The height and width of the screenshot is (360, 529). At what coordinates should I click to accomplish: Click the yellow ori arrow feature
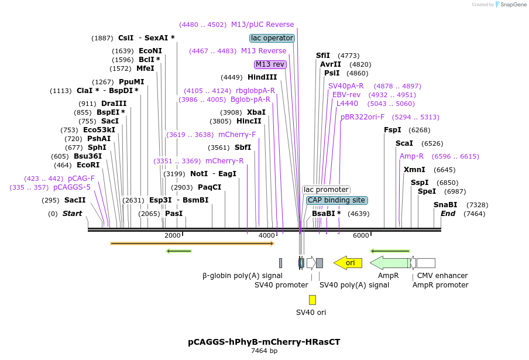[348, 263]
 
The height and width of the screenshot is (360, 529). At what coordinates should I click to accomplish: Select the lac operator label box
[272, 38]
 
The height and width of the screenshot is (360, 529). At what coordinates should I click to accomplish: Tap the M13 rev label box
[270, 64]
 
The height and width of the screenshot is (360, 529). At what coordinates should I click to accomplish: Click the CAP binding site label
[337, 200]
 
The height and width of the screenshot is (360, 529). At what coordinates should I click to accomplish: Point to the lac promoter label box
[326, 190]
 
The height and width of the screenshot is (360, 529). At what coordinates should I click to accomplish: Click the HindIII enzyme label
[262, 77]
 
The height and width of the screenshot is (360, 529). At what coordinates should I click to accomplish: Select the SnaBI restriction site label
[445, 204]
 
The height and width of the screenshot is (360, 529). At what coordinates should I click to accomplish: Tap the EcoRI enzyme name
[88, 165]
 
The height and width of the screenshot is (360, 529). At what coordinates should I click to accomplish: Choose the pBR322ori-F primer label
[363, 117]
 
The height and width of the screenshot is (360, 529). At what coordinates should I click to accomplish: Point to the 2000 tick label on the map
[173, 235]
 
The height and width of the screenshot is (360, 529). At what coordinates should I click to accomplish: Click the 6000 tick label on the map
[361, 235]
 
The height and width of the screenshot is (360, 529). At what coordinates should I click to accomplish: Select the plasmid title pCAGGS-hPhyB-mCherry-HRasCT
[264, 341]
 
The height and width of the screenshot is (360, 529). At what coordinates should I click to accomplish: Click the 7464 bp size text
[264, 351]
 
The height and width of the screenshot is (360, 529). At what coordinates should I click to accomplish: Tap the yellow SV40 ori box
[312, 300]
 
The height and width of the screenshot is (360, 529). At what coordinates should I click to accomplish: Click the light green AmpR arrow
[389, 263]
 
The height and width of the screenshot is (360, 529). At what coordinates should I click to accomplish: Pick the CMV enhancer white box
[425, 263]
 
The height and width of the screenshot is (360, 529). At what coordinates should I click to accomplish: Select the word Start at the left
[73, 214]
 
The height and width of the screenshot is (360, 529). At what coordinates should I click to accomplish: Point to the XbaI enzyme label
[256, 112]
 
